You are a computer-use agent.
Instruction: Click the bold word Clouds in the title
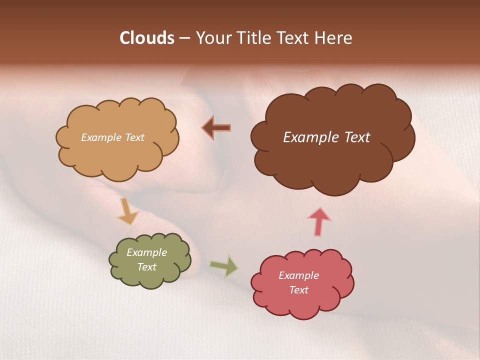(x=146, y=38)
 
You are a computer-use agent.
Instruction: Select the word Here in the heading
(x=334, y=38)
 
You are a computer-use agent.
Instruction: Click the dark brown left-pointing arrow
(x=216, y=128)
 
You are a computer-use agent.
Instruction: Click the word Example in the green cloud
(x=147, y=252)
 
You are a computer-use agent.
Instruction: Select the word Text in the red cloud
(x=298, y=290)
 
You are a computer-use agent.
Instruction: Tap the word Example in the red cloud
(x=298, y=275)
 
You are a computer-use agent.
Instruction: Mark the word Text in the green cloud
(x=147, y=267)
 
